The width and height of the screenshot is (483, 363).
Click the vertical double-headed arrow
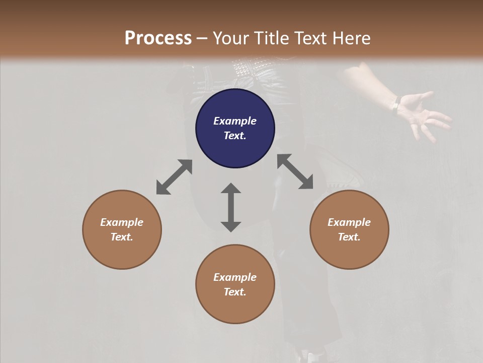[231, 207]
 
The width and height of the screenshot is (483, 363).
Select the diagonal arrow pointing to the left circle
[174, 177]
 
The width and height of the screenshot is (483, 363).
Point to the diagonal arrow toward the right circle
[295, 172]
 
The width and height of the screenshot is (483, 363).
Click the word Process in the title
[158, 38]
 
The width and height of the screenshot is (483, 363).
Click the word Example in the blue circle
[235, 121]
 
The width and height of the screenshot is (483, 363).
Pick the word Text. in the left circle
[122, 237]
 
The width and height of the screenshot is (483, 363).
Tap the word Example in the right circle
[349, 222]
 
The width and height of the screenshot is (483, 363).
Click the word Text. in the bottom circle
[235, 292]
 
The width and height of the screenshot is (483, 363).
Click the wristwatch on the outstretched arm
[396, 104]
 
